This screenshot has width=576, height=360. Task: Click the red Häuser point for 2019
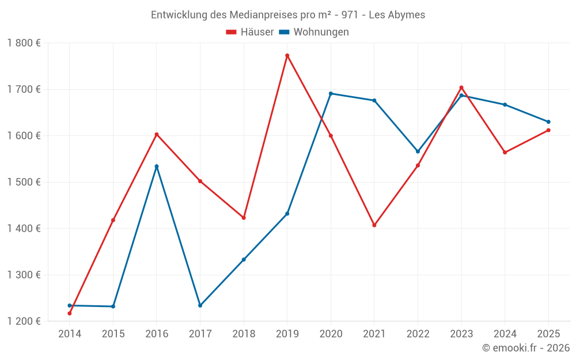[287, 56]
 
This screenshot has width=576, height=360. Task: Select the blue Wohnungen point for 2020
[331, 93]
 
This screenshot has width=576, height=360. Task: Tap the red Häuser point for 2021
[374, 225]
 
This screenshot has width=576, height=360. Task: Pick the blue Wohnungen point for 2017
[200, 305]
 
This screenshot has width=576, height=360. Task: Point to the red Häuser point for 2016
[157, 134]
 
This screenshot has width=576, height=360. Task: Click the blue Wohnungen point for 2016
[157, 166]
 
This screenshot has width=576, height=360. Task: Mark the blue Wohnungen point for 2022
[418, 151]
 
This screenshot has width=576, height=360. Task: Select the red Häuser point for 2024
[505, 153]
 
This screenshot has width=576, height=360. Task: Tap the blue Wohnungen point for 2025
[548, 122]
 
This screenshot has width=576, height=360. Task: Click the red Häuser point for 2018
[244, 218]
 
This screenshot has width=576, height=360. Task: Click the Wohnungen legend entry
[314, 32]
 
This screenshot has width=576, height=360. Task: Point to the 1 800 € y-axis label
[24, 43]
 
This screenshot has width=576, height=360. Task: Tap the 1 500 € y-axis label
[24, 182]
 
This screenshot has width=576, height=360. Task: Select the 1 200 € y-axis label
[24, 321]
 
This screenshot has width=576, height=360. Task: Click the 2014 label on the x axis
[70, 334]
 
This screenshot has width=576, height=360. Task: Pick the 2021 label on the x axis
[374, 334]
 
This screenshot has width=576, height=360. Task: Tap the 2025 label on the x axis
[548, 334]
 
